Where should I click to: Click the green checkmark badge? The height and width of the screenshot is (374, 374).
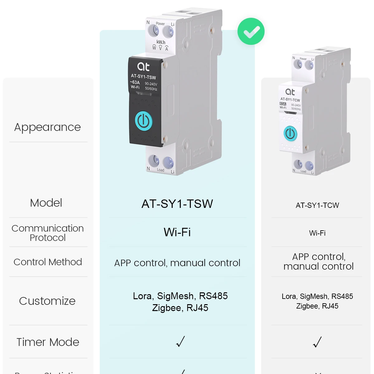[251, 31]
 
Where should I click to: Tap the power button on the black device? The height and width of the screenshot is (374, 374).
[144, 121]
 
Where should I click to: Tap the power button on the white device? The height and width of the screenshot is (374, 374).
[290, 134]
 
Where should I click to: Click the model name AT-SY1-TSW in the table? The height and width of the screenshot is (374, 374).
[177, 204]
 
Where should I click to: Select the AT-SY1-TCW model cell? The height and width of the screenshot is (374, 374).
[317, 205]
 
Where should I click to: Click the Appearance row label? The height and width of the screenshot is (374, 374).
[47, 127]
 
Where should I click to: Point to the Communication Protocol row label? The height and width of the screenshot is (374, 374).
[48, 233]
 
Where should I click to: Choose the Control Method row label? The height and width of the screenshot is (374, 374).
[48, 262]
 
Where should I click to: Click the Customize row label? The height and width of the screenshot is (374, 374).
[47, 301]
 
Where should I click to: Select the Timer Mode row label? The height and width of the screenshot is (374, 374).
[48, 342]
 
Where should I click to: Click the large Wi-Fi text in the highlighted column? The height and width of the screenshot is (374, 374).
[177, 232]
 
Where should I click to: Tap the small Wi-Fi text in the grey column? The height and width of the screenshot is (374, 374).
[317, 233]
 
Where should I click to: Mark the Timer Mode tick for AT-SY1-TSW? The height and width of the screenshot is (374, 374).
[180, 342]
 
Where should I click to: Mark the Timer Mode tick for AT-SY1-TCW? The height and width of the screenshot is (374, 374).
[317, 342]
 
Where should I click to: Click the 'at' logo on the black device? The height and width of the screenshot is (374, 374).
[143, 66]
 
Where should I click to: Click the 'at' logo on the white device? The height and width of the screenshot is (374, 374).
[290, 92]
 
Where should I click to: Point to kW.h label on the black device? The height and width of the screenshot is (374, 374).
[161, 42]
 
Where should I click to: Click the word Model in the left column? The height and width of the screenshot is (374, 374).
[46, 203]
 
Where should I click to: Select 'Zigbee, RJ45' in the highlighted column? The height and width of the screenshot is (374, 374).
[180, 308]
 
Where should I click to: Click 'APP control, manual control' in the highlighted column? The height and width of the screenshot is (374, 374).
[177, 263]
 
